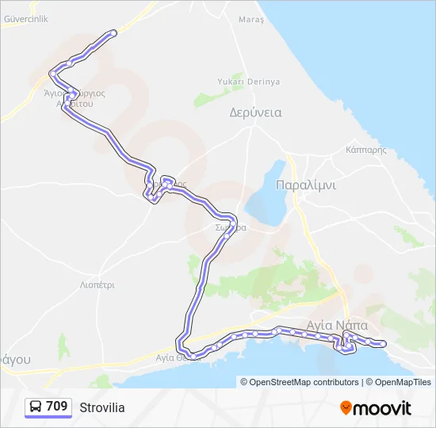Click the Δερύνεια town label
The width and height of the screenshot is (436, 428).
pyautogui.click(x=255, y=112)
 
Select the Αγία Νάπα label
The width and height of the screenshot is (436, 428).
pyautogui.click(x=337, y=325)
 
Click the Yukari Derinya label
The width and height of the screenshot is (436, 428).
pyautogui.click(x=249, y=82)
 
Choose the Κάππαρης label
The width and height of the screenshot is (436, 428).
pyautogui.click(x=365, y=149)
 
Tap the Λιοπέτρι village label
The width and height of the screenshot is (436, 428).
pyautogui.click(x=98, y=284)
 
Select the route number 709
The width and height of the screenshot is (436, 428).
pyautogui.click(x=56, y=407)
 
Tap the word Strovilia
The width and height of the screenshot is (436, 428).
pyautogui.click(x=101, y=407)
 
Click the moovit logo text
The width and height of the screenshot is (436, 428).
pyautogui.click(x=383, y=408)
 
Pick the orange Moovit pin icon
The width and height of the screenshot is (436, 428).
pyautogui.click(x=346, y=408)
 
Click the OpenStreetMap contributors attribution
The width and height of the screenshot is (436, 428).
pyautogui.click(x=304, y=382)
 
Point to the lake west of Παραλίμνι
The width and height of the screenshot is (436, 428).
pyautogui.click(x=266, y=194)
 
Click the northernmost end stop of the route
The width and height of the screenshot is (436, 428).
pyautogui.click(x=114, y=32)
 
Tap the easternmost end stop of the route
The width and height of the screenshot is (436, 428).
pyautogui.click(x=383, y=343)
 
